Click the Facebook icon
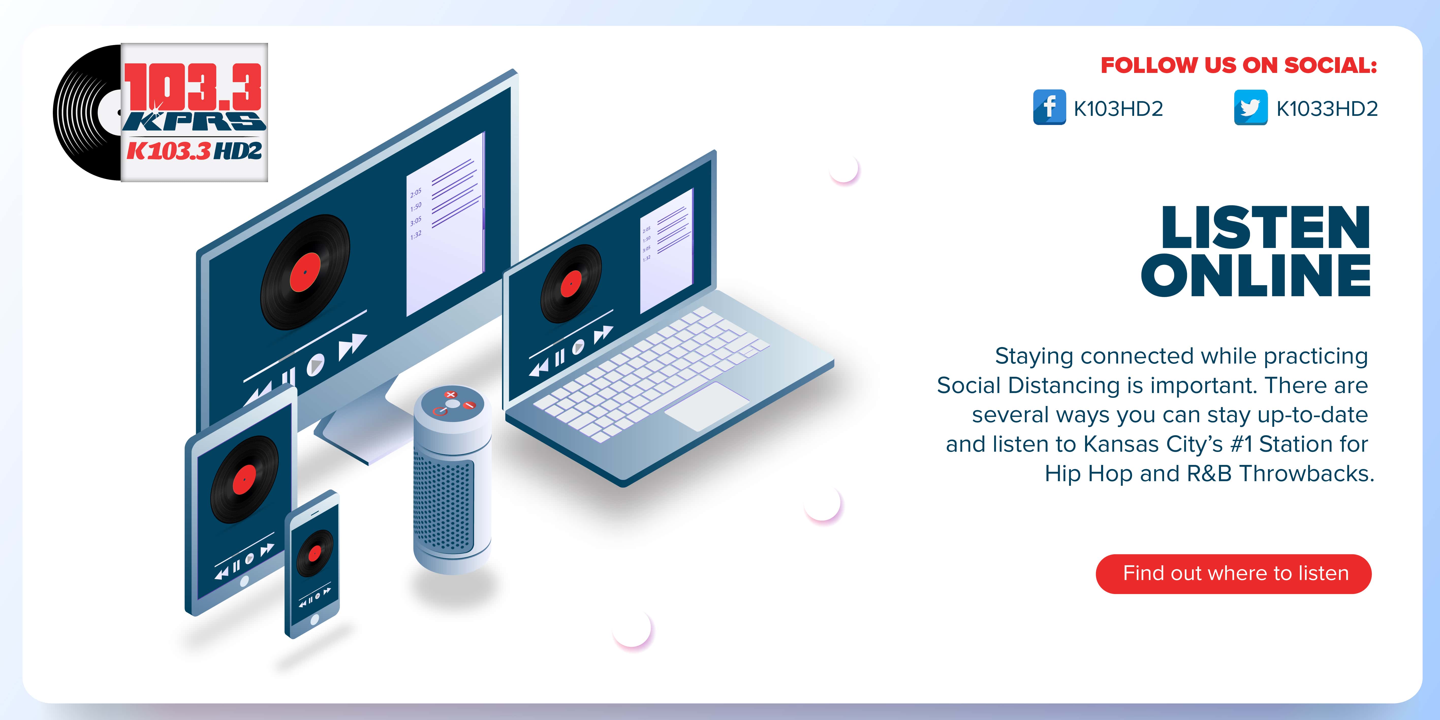1049,107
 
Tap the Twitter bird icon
1250,107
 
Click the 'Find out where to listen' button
1234,574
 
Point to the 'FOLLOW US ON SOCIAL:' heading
1239,65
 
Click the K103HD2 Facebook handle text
1118,108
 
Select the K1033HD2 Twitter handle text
1327,108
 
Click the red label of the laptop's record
571,284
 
